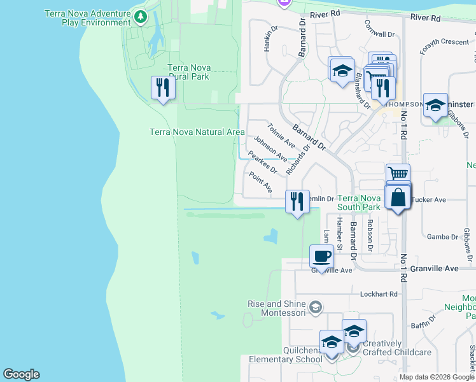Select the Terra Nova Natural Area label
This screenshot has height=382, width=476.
[x=197, y=132]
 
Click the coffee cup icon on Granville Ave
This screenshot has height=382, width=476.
[x=321, y=256]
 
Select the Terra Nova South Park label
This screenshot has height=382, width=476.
[x=359, y=203]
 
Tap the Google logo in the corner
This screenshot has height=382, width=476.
[x=21, y=374]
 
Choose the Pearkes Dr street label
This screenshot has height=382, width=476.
[x=263, y=162]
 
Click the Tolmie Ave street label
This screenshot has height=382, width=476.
[x=281, y=134]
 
